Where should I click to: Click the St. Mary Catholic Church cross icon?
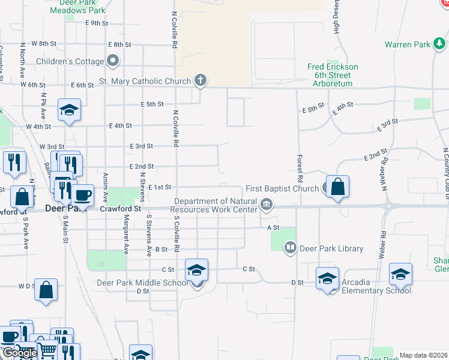[200, 80]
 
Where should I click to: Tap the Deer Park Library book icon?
[291, 247]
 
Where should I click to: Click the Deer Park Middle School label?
[142, 283]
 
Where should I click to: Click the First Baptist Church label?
[282, 188]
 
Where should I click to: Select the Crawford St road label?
[120, 209]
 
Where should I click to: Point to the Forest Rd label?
[299, 168]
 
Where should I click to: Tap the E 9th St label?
[97, 23]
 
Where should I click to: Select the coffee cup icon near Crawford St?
[83, 195]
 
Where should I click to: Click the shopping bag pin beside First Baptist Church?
[338, 186]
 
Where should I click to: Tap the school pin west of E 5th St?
[69, 110]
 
